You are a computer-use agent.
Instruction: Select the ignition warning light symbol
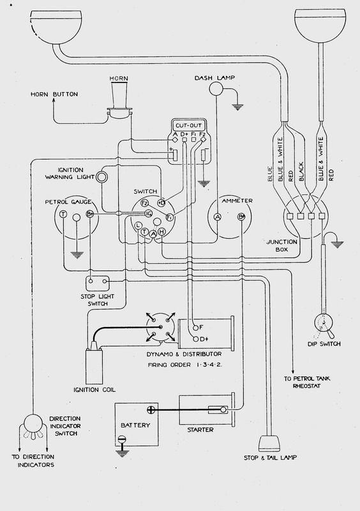(101, 176)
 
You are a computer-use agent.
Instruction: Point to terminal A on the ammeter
(217, 217)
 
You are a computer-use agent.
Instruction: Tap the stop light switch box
(99, 280)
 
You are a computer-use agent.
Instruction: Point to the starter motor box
(204, 411)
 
